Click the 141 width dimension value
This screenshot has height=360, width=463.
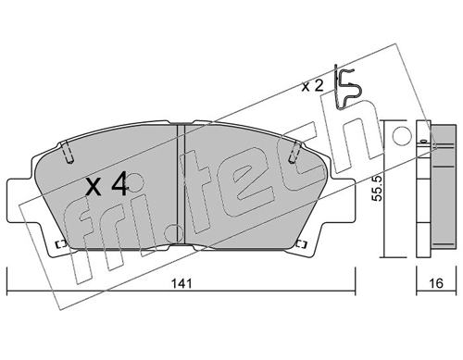(x=182, y=283)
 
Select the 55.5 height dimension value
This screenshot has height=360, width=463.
(x=377, y=187)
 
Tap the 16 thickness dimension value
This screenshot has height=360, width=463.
(x=436, y=283)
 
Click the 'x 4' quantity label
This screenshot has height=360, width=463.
(x=106, y=184)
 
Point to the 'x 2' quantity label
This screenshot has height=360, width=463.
(x=312, y=86)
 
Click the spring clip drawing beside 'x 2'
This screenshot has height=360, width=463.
(x=347, y=87)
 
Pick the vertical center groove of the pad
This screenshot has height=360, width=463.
(x=181, y=183)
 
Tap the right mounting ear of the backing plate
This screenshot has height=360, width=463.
(x=343, y=200)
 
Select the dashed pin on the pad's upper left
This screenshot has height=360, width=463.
(x=69, y=152)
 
